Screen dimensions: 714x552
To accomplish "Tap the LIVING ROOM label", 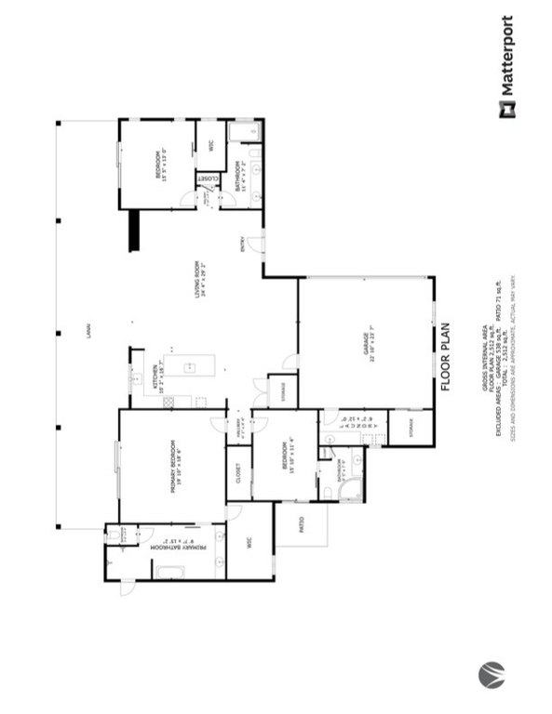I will coord(197,278).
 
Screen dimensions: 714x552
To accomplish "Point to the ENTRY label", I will coord(243,245).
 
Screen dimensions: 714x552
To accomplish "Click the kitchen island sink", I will coord(189,365).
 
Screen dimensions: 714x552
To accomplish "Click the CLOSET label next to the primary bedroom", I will coord(238,472).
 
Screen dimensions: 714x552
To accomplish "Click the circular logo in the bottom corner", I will coord(491,673).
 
